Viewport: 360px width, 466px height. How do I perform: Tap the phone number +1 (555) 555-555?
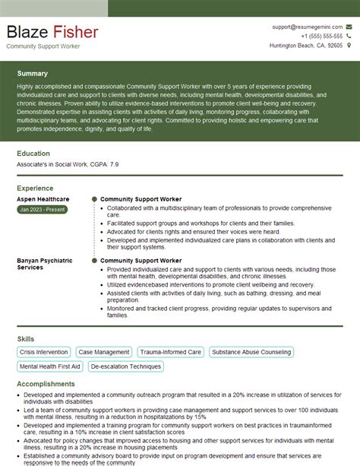tap(321, 36)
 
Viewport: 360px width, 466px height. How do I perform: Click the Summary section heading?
tap(32, 74)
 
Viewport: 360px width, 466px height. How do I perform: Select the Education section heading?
tap(33, 153)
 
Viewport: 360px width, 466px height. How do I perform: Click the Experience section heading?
tap(35, 187)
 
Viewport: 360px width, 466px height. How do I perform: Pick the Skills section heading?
tap(25, 338)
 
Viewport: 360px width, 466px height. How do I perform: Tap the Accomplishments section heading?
tap(46, 384)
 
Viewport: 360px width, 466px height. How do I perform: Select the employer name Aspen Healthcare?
tap(43, 198)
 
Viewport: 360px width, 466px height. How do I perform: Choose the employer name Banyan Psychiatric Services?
tap(45, 264)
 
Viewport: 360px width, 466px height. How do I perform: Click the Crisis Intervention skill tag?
tap(44, 352)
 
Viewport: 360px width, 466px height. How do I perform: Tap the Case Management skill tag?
tap(104, 352)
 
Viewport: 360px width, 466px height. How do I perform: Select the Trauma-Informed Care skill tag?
tap(170, 352)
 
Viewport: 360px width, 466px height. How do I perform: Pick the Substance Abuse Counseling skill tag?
tap(251, 352)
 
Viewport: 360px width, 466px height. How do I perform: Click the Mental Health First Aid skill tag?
tap(50, 366)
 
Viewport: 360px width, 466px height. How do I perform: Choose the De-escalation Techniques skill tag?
tap(125, 366)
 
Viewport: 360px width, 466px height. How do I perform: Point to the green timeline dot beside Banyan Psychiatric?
tap(94, 260)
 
